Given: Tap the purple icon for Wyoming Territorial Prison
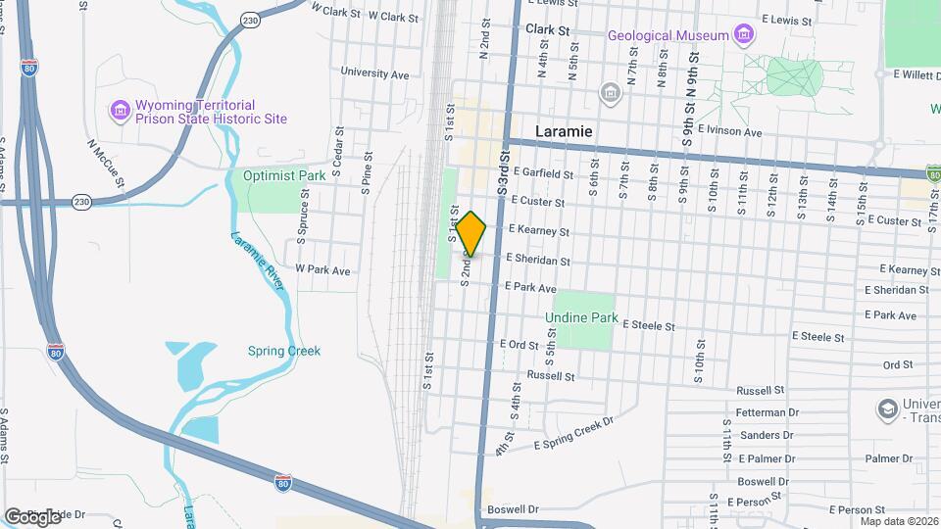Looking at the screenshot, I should [x=120, y=111].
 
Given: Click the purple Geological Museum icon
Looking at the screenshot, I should [x=745, y=36].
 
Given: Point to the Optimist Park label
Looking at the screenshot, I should [x=284, y=176].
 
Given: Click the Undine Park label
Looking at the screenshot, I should [x=582, y=317].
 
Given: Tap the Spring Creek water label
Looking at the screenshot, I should [x=284, y=351].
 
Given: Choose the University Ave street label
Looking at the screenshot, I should [x=374, y=72].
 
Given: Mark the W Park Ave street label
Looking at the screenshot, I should [x=322, y=269].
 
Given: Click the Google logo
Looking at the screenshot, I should [x=32, y=516].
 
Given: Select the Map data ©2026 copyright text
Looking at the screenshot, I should [x=899, y=521].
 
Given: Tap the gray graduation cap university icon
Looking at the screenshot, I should [x=888, y=408].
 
